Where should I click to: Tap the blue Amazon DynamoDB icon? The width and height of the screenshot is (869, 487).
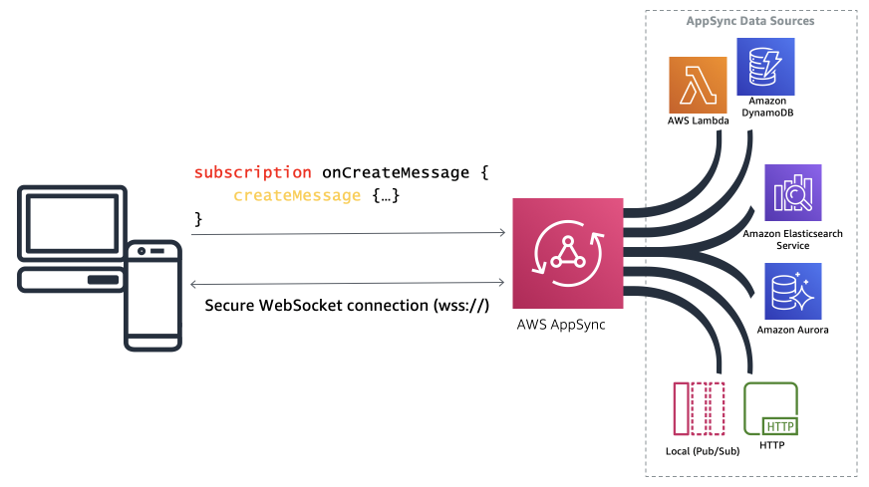pos(765,65)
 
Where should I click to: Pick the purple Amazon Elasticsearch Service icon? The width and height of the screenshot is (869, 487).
pos(793,192)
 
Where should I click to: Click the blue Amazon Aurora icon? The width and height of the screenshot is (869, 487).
pos(793,291)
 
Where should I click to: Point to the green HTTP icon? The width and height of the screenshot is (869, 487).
pos(771,408)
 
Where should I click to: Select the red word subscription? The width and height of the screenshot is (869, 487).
pos(253,172)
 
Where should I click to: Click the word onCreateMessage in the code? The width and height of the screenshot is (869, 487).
pos(394,172)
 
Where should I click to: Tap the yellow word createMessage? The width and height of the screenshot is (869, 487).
pos(297,195)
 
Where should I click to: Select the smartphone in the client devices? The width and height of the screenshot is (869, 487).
pos(152,294)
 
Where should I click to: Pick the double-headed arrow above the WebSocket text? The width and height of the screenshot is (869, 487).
pos(348,283)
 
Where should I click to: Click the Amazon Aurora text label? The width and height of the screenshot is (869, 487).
pos(793,330)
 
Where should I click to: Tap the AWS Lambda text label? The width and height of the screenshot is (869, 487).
pos(698,121)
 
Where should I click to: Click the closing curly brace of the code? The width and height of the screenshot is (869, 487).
pos(198,217)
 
